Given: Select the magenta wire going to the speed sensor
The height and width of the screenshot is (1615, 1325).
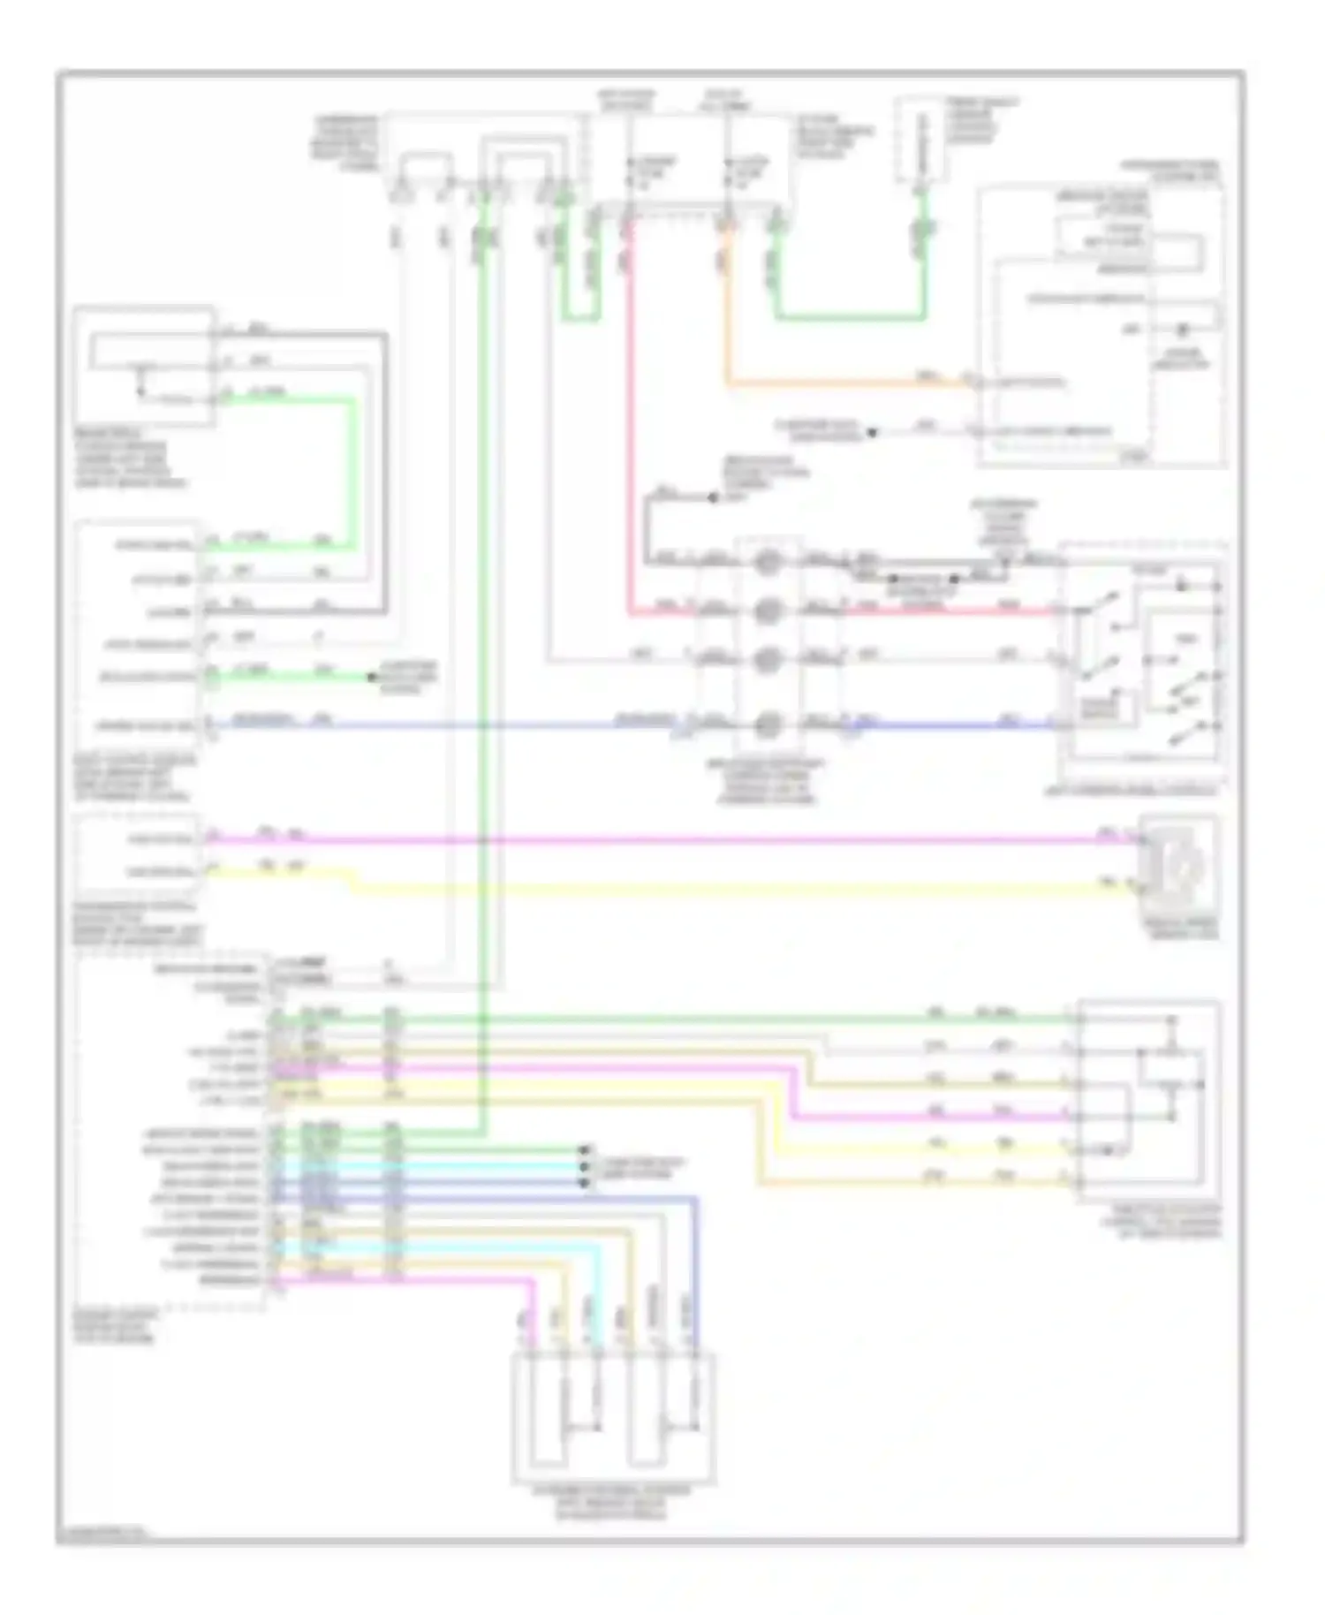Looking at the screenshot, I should [671, 839].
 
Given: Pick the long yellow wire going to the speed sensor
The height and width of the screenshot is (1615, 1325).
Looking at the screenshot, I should [707, 887].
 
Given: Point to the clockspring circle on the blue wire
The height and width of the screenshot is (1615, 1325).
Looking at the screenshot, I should [768, 725].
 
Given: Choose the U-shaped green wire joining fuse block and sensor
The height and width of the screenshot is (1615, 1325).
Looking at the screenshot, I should [848, 315].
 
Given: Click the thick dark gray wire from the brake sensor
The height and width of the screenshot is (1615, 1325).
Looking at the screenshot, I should [385, 468].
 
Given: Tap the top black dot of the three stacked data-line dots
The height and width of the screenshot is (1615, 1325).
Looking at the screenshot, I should [584, 1150].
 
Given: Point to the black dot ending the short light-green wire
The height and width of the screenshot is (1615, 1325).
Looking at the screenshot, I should [372, 678].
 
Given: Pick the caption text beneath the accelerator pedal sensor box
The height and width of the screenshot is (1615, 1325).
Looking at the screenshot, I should [613, 1502].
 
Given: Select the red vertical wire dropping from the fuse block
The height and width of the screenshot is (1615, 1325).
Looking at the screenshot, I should [630, 424].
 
